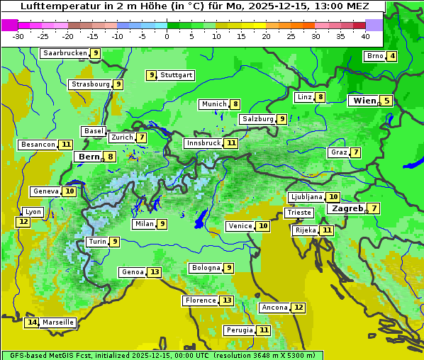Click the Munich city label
click(213, 104)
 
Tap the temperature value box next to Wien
click(386, 101)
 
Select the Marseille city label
click(57, 322)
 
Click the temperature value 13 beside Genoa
click(154, 272)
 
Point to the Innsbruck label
click(203, 143)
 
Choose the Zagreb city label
click(347, 208)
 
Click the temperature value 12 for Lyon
click(23, 222)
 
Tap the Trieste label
click(299, 213)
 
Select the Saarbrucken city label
click(65, 53)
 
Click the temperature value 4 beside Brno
click(391, 57)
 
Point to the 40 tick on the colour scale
click(365, 35)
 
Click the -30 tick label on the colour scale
click(18, 35)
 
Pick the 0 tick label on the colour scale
click(167, 35)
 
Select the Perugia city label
click(239, 330)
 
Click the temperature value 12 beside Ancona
click(299, 308)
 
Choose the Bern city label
click(89, 157)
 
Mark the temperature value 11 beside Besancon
click(66, 145)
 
